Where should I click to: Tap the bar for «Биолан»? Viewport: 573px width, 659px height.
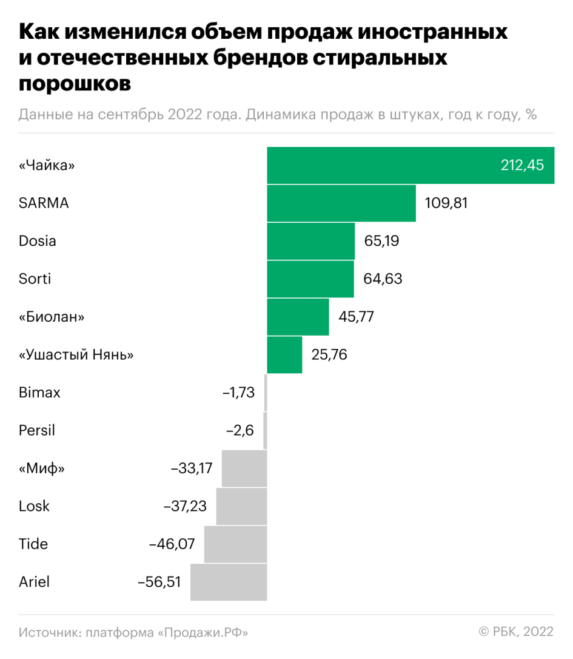click(298, 317)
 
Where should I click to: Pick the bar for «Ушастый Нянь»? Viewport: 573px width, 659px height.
click(284, 354)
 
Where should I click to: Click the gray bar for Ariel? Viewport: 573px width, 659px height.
click(229, 582)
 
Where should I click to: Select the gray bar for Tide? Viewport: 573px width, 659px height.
click(235, 544)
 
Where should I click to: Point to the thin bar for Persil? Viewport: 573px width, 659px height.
click(265, 430)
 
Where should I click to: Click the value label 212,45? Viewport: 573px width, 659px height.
click(522, 165)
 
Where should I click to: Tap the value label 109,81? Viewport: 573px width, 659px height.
click(446, 203)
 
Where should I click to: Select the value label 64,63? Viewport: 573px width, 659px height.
click(383, 279)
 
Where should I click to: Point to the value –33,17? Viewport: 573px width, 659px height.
click(192, 468)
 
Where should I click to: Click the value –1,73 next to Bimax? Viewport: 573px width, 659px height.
click(239, 393)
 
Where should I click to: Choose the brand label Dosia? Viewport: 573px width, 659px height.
click(38, 241)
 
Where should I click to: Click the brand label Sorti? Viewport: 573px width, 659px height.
click(35, 279)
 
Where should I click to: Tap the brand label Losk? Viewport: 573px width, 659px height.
click(35, 506)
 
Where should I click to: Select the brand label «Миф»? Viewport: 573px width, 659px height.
click(41, 468)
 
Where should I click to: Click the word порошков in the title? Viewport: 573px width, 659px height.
click(75, 83)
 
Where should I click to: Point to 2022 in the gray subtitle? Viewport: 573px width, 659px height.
click(180, 115)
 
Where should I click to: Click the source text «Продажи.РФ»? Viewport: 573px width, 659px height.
click(203, 632)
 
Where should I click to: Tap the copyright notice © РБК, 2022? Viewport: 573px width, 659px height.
click(516, 632)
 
